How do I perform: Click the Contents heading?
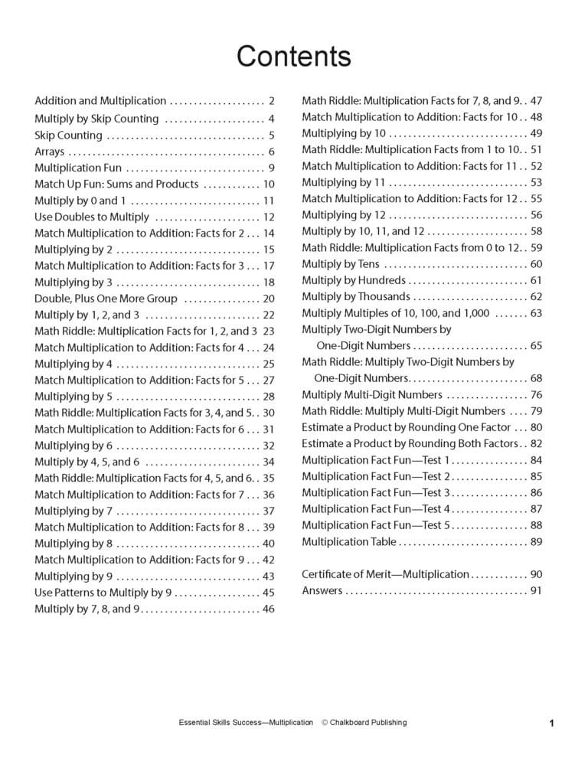(293, 56)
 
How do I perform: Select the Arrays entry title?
(50, 152)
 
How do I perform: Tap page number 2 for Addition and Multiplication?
(271, 101)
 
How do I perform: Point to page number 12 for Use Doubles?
(268, 217)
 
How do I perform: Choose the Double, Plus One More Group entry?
(106, 299)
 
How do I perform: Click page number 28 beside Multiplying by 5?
(268, 397)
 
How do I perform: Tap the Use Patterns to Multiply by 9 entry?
(103, 593)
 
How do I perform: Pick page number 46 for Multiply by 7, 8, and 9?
(268, 609)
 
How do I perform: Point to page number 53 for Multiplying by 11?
(536, 182)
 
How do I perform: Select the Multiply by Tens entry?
(340, 264)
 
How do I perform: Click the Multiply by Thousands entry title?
(355, 296)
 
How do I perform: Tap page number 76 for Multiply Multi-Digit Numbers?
(536, 395)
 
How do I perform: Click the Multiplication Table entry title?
(348, 542)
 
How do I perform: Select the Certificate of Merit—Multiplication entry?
(385, 574)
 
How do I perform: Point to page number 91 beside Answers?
(536, 591)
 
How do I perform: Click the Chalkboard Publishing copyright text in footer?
(364, 722)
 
